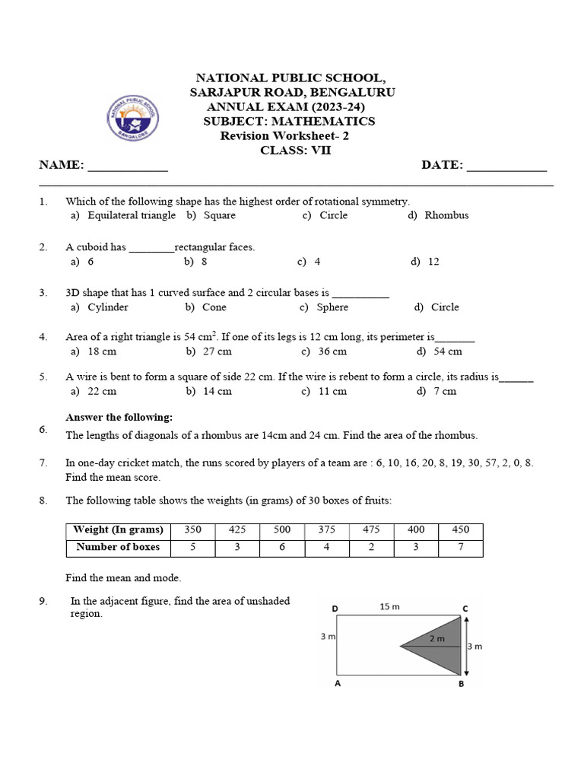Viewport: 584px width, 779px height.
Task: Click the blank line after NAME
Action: pyautogui.click(x=128, y=169)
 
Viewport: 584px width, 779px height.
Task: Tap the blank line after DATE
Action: pyautogui.click(x=506, y=169)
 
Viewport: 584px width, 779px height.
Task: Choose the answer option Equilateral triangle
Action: pyautogui.click(x=131, y=215)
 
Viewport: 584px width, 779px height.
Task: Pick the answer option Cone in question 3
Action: pyautogui.click(x=214, y=307)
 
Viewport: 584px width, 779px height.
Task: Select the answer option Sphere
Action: pyautogui.click(x=332, y=307)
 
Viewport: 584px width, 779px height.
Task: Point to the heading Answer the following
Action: pyautogui.click(x=119, y=417)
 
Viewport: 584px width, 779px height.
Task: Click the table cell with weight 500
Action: pyautogui.click(x=282, y=529)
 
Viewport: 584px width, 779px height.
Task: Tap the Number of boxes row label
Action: pyautogui.click(x=118, y=547)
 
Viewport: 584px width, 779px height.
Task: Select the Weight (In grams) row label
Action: pyautogui.click(x=118, y=529)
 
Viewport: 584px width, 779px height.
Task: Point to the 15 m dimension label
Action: pyautogui.click(x=389, y=606)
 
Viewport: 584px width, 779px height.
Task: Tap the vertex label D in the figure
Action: pyautogui.click(x=335, y=609)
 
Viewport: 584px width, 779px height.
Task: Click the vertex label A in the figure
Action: pyautogui.click(x=335, y=684)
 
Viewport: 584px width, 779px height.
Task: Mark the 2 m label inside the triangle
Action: pyautogui.click(x=436, y=639)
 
